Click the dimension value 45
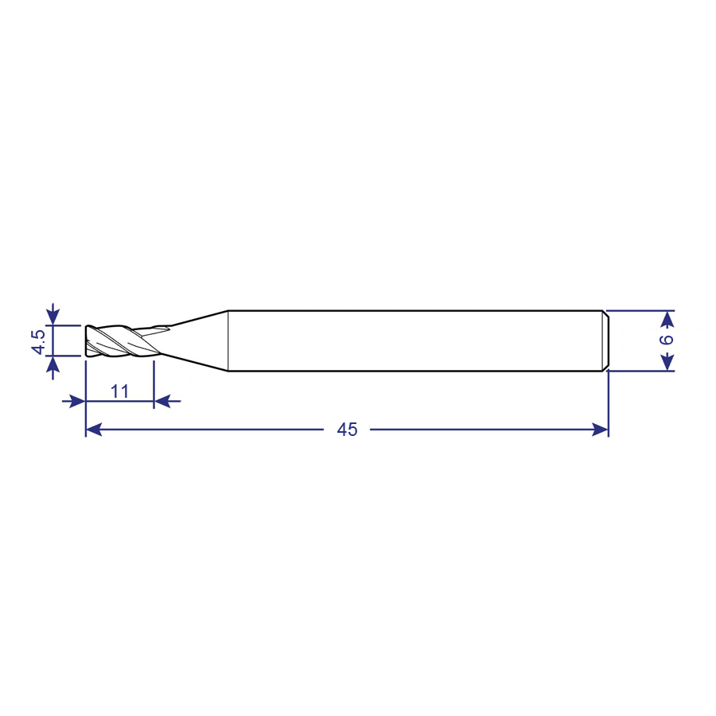(x=347, y=430)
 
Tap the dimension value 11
(x=119, y=391)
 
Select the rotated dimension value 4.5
(x=38, y=341)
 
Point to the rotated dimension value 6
(x=667, y=339)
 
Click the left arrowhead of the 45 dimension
(x=94, y=430)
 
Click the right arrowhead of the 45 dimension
(x=600, y=430)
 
